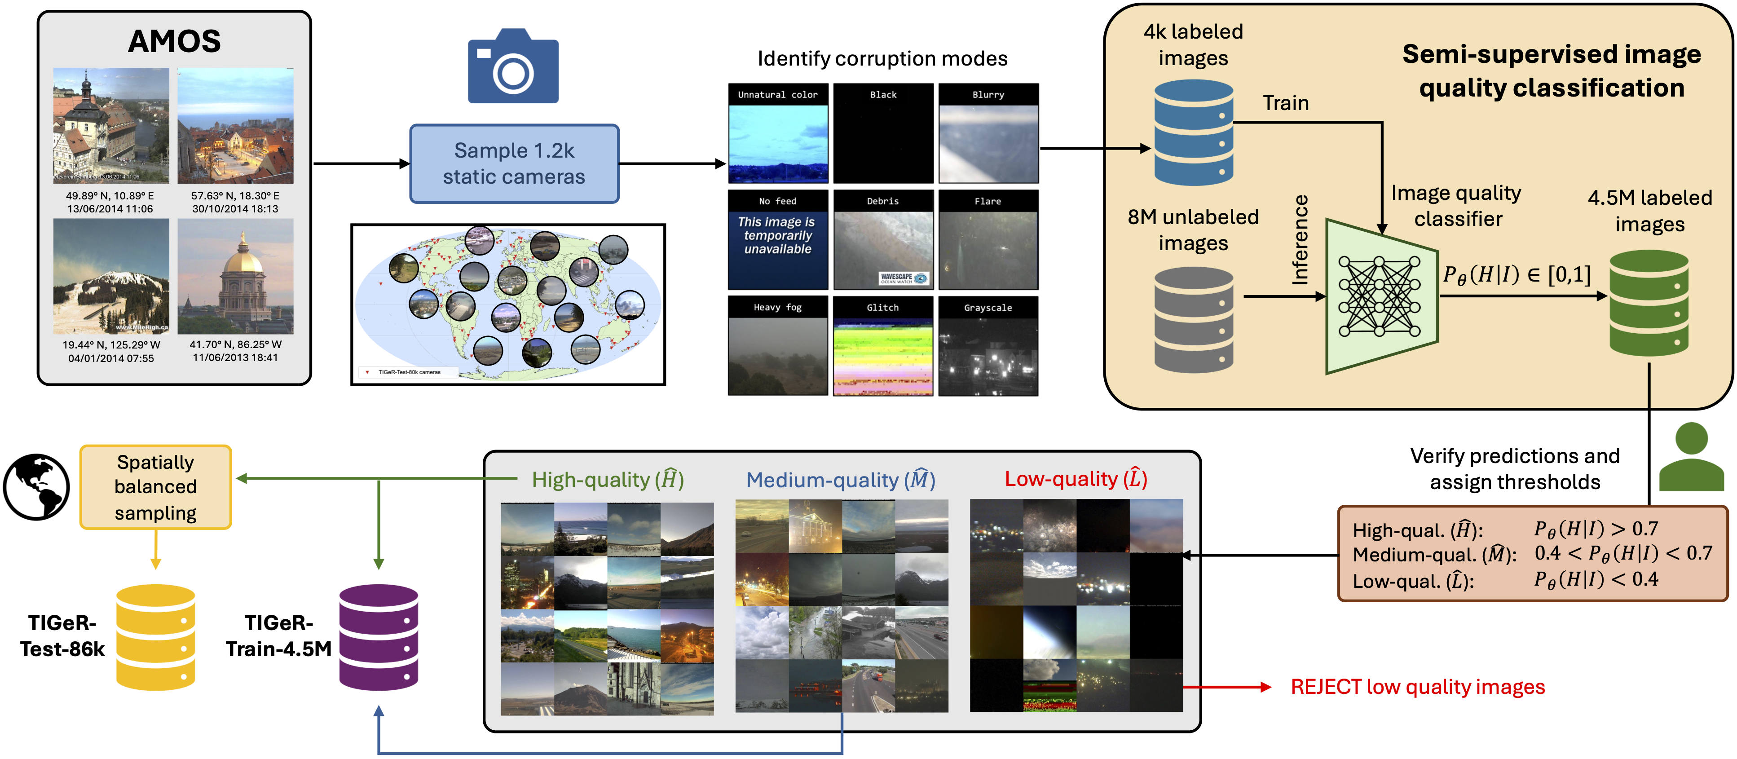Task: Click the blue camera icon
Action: click(513, 67)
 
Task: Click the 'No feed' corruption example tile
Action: click(777, 240)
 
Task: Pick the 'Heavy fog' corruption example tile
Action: click(777, 346)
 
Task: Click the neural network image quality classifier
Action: click(1380, 296)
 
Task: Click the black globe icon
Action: click(36, 487)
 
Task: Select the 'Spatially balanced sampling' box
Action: click(156, 487)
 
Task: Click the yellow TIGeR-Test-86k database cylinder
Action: click(156, 637)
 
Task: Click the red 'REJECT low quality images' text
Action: click(1417, 687)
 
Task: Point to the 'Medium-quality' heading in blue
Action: click(839, 480)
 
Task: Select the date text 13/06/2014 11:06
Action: click(110, 209)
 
